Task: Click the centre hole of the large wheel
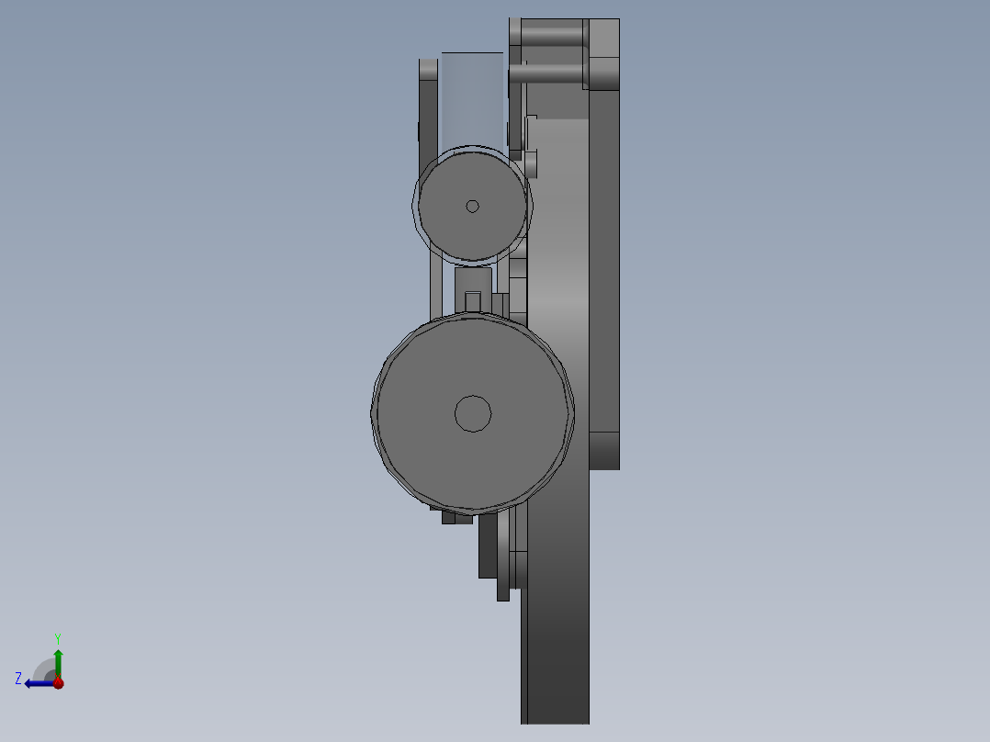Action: click(x=473, y=413)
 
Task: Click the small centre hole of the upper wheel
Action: click(x=472, y=206)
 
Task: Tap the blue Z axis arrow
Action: click(x=37, y=682)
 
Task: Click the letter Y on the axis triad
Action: click(x=58, y=636)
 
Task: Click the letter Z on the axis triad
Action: click(x=18, y=678)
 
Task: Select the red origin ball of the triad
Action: click(x=58, y=682)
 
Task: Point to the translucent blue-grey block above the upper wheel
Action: click(x=472, y=96)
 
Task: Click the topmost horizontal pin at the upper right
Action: click(x=551, y=36)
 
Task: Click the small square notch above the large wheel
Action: click(x=473, y=301)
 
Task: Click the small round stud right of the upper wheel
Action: click(x=531, y=164)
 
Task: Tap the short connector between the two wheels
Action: click(x=473, y=279)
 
